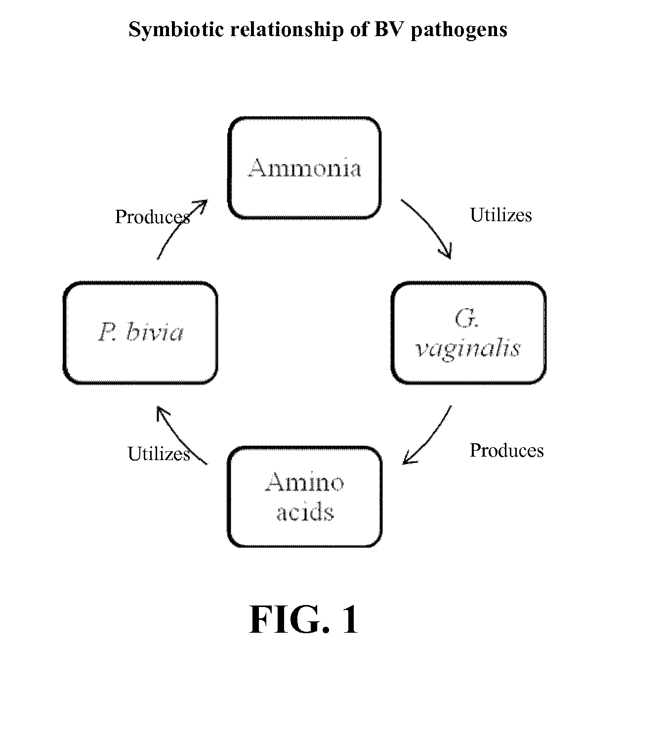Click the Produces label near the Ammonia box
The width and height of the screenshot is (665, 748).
153,217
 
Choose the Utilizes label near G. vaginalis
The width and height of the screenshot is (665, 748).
500,215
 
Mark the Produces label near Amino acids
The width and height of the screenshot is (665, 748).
506,450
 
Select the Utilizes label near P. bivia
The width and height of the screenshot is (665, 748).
159,454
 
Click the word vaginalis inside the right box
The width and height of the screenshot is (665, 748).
468,348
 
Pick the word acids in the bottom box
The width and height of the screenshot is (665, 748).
305,512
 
